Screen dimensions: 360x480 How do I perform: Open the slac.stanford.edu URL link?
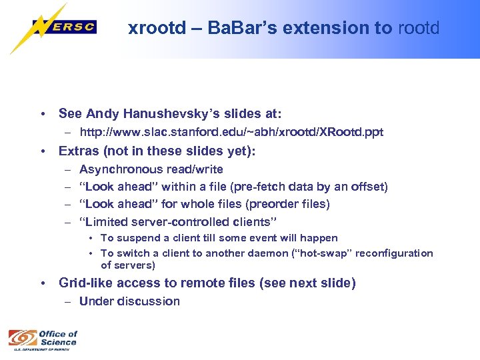(x=231, y=132)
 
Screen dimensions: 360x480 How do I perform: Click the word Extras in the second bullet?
(x=79, y=151)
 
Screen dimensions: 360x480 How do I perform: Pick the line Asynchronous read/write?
(x=151, y=169)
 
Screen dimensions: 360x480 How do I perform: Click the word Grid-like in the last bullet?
(x=83, y=283)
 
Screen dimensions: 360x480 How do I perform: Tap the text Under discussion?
(x=129, y=301)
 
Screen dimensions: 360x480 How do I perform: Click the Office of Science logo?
(x=43, y=339)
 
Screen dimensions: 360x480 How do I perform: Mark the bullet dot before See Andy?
(x=43, y=114)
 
